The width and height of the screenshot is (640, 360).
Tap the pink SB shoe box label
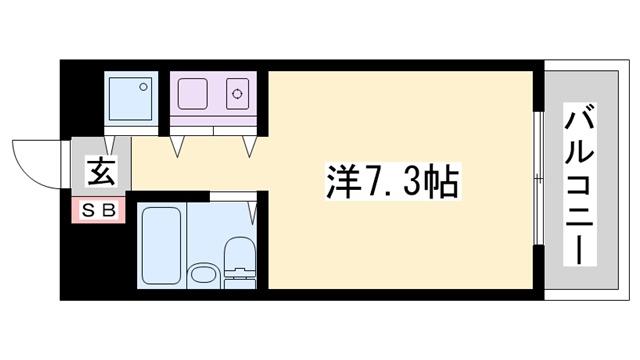(x=98, y=211)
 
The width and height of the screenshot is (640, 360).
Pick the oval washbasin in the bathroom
(x=203, y=272)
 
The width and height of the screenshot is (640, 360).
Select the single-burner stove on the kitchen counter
(x=239, y=96)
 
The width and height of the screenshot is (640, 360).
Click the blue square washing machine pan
(x=130, y=98)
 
